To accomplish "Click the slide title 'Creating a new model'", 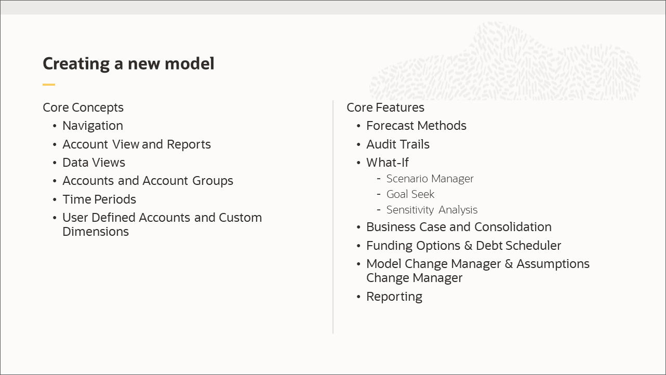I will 128,63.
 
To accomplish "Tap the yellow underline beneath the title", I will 49,85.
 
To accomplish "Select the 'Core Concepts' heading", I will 83,108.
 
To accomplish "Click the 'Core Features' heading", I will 385,108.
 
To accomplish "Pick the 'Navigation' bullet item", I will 92,126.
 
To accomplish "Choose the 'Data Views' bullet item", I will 94,163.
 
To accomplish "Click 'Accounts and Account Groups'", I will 148,181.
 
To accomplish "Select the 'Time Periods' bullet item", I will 99,199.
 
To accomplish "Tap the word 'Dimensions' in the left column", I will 96,232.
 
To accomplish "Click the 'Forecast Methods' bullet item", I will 416,126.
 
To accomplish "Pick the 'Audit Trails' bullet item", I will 398,144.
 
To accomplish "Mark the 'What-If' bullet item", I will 388,163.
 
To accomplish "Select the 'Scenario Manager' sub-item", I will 430,179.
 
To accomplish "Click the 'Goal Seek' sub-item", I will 410,194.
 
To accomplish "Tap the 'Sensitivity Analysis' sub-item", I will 432,210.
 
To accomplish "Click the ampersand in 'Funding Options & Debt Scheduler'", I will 468,246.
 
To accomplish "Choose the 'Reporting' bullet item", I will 394,297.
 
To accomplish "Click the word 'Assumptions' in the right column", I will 553,264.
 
